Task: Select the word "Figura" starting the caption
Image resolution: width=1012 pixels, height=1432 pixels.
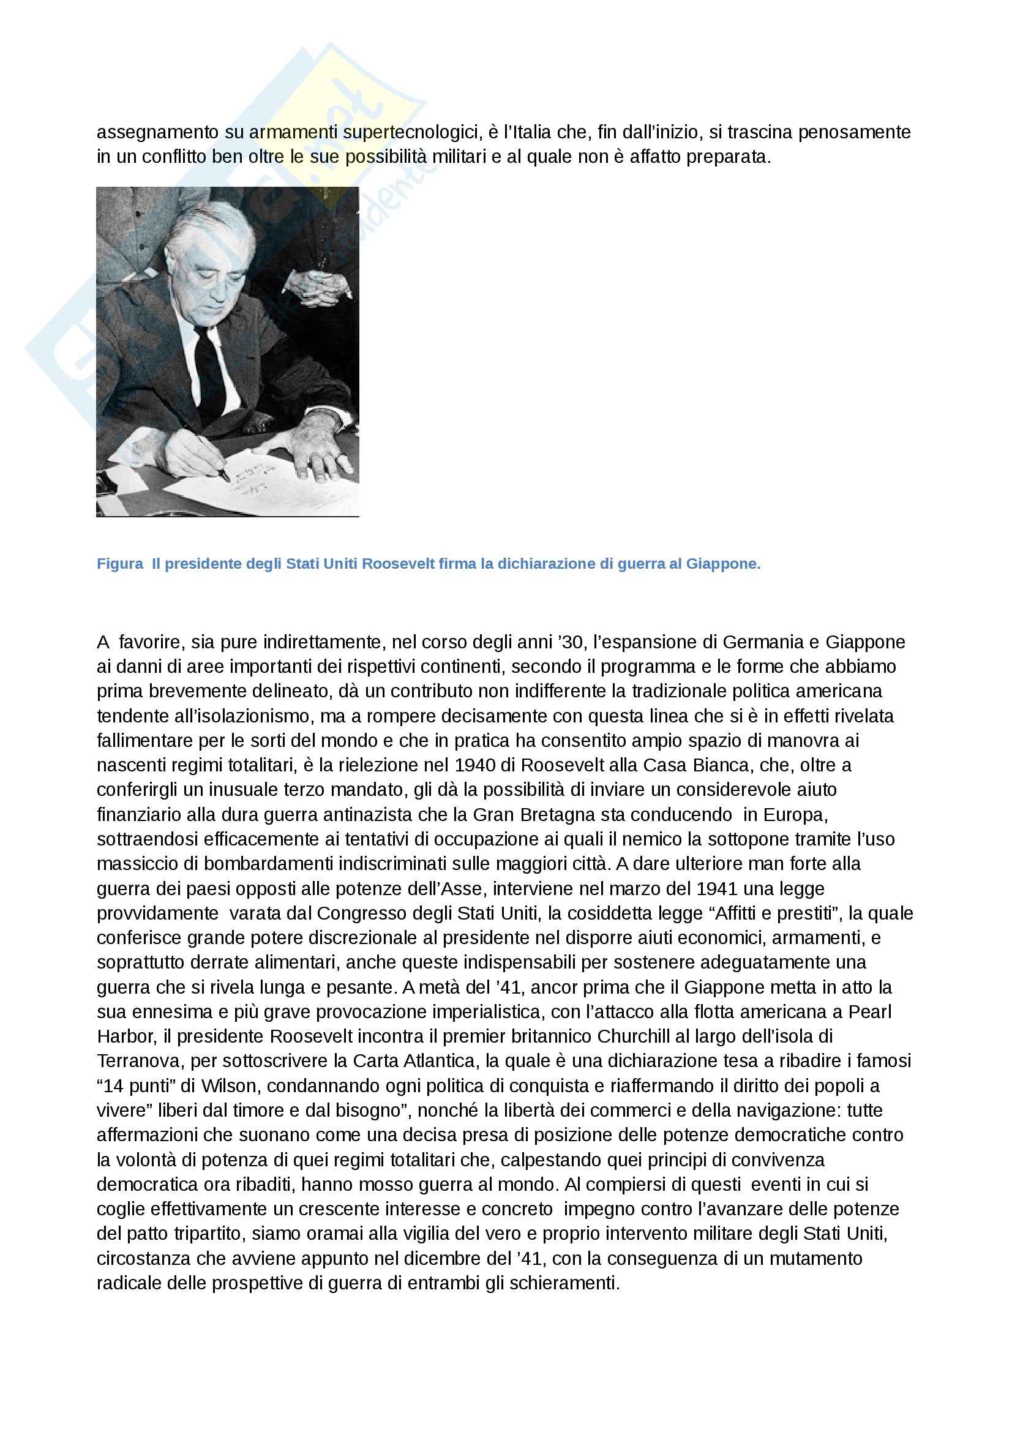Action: pyautogui.click(x=120, y=564)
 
